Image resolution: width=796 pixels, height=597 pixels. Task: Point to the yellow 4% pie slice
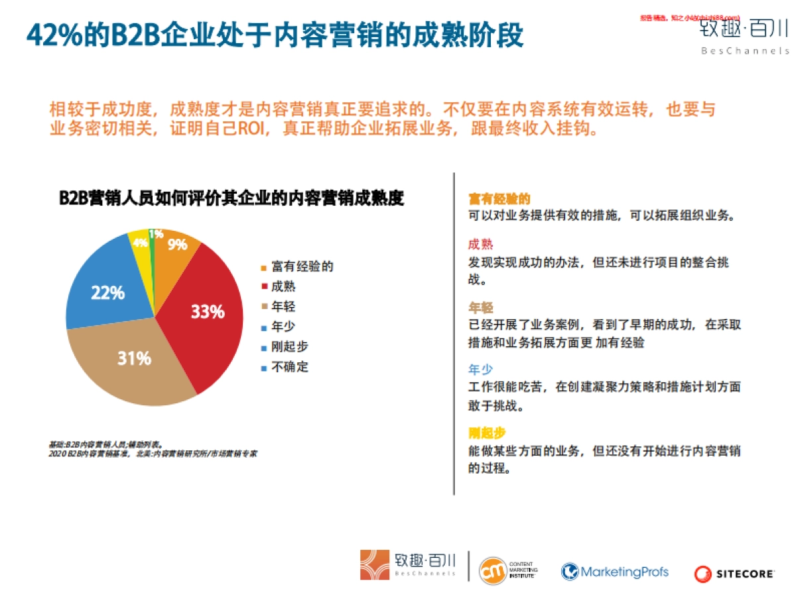(x=140, y=241)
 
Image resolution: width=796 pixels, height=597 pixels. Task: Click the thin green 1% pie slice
(x=153, y=235)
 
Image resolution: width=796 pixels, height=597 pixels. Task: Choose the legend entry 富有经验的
(x=302, y=267)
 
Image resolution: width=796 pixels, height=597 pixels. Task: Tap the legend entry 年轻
(x=283, y=306)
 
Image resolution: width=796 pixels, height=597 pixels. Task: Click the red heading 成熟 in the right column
(x=481, y=244)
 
